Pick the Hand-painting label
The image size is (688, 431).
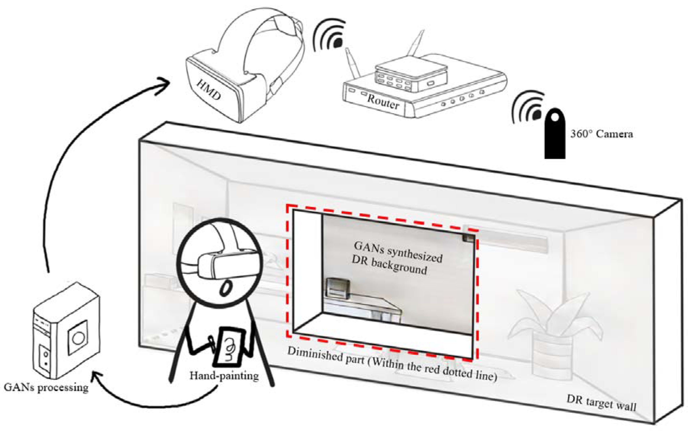click(224, 376)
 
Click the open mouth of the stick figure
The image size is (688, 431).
click(226, 289)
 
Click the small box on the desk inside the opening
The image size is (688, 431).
click(338, 288)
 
